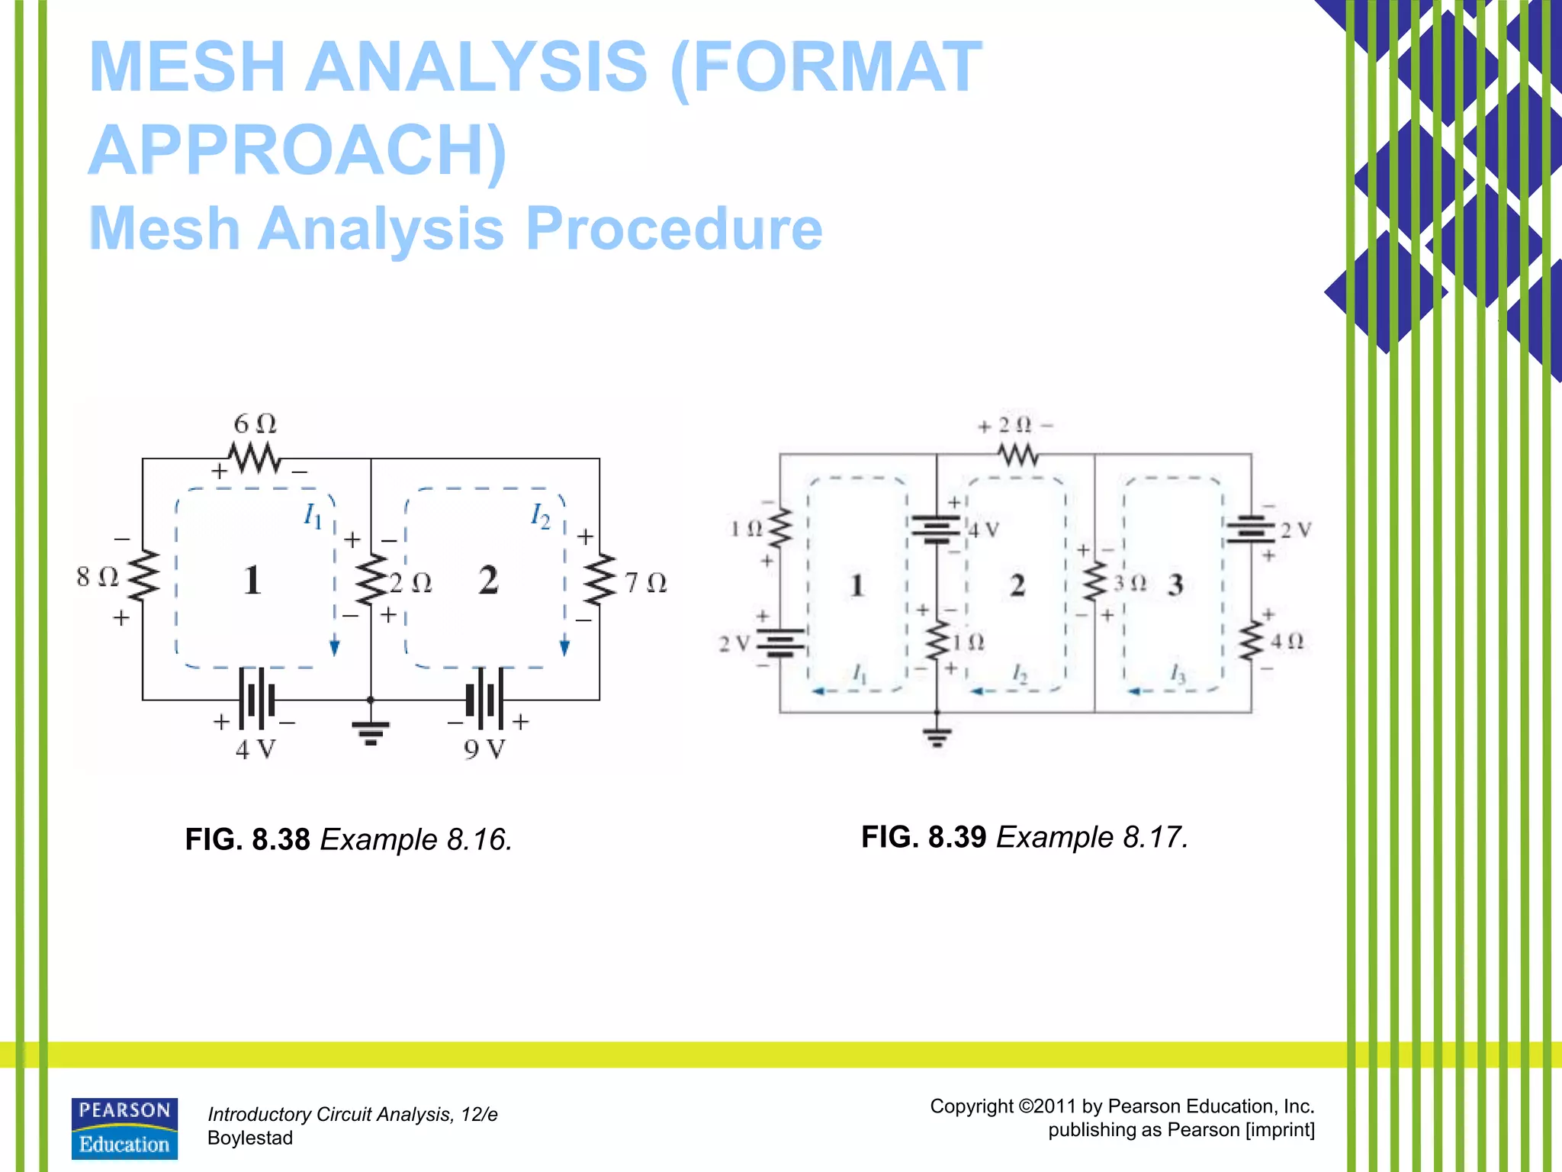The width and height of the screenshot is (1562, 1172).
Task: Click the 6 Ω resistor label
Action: click(x=255, y=423)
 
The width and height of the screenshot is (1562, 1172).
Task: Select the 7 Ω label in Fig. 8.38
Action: click(x=645, y=584)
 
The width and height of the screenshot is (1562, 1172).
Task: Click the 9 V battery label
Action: click(x=484, y=749)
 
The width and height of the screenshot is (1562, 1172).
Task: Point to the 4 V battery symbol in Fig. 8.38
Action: click(x=256, y=698)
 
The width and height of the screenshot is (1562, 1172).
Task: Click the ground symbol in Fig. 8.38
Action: click(x=371, y=731)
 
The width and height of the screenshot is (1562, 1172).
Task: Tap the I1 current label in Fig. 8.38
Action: click(x=313, y=517)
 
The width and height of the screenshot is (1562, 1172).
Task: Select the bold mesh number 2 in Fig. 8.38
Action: click(x=488, y=580)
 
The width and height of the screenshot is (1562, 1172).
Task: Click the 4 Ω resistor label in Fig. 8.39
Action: click(x=1287, y=641)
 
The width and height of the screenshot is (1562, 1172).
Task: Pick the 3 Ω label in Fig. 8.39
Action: click(x=1130, y=584)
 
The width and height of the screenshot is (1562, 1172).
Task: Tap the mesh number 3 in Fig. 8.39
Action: click(x=1175, y=585)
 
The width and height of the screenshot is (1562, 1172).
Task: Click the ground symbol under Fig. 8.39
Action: click(x=937, y=736)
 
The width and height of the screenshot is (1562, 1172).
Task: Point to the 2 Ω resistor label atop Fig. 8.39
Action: click(x=1015, y=425)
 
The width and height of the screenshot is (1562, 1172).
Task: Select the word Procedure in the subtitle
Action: click(x=674, y=228)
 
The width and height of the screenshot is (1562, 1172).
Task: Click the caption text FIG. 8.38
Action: click(x=248, y=839)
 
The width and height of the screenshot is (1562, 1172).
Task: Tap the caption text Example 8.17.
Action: click(x=1092, y=837)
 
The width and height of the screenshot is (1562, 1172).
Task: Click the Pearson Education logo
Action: click(x=124, y=1129)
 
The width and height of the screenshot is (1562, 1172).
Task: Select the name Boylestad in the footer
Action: click(x=250, y=1138)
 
